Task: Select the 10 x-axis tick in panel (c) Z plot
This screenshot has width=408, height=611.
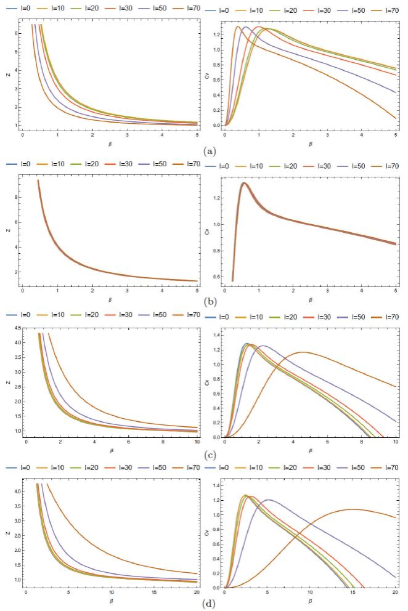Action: pos(197,442)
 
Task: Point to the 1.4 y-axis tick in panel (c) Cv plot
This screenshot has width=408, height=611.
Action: pos(216,334)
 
